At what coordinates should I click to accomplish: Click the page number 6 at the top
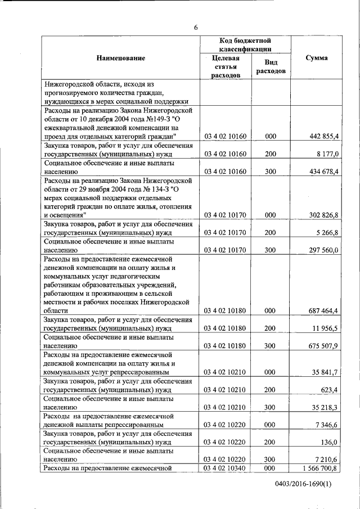pyautogui.click(x=196, y=26)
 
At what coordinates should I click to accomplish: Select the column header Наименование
pyautogui.click(x=120, y=58)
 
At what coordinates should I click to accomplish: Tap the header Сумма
pyautogui.click(x=317, y=58)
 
